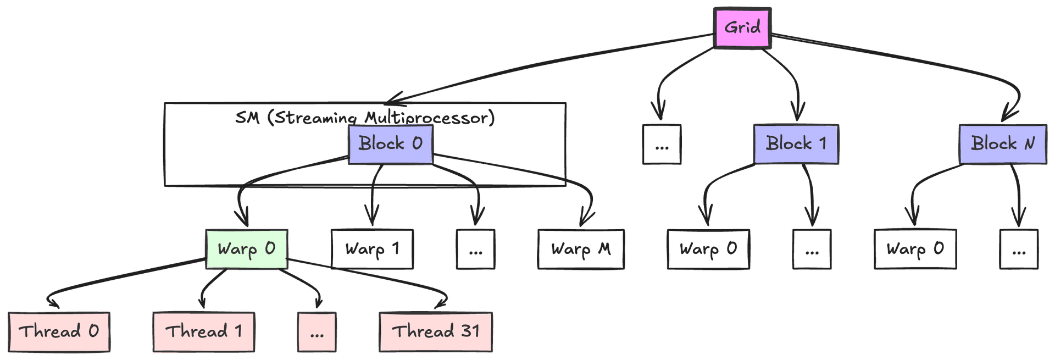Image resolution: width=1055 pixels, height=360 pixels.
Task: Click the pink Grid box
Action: pyautogui.click(x=742, y=27)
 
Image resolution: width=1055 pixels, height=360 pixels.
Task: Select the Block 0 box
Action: pyautogui.click(x=390, y=144)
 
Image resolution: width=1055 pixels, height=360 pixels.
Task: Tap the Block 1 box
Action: pyautogui.click(x=796, y=144)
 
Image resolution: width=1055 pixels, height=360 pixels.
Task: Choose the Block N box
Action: pyautogui.click(x=1003, y=144)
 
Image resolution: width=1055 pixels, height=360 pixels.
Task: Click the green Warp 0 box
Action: pyautogui.click(x=246, y=249)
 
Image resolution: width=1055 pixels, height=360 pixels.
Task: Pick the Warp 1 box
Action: pyautogui.click(x=372, y=250)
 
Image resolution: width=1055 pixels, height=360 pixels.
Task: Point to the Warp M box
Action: pyautogui.click(x=581, y=250)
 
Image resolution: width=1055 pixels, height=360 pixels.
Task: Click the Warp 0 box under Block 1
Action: pyautogui.click(x=708, y=250)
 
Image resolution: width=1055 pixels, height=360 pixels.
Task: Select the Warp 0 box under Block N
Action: pyautogui.click(x=915, y=250)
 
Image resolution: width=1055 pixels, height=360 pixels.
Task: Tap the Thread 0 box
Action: pyautogui.click(x=59, y=331)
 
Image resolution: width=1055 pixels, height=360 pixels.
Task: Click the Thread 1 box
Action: pyautogui.click(x=204, y=331)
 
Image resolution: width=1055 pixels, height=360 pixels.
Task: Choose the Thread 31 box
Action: pyautogui.click(x=435, y=331)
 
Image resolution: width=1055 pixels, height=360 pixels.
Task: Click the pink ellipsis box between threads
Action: pyautogui.click(x=316, y=332)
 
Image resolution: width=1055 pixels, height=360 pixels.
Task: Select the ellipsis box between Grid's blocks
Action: pyautogui.click(x=662, y=145)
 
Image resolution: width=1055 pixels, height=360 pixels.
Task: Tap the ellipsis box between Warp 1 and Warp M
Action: pyautogui.click(x=475, y=250)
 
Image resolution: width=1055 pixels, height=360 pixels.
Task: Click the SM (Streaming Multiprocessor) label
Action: pyautogui.click(x=365, y=118)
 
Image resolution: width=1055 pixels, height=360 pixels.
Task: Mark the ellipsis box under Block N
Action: pyautogui.click(x=1019, y=250)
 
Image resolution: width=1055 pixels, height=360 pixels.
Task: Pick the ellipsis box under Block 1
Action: pyautogui.click(x=812, y=250)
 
